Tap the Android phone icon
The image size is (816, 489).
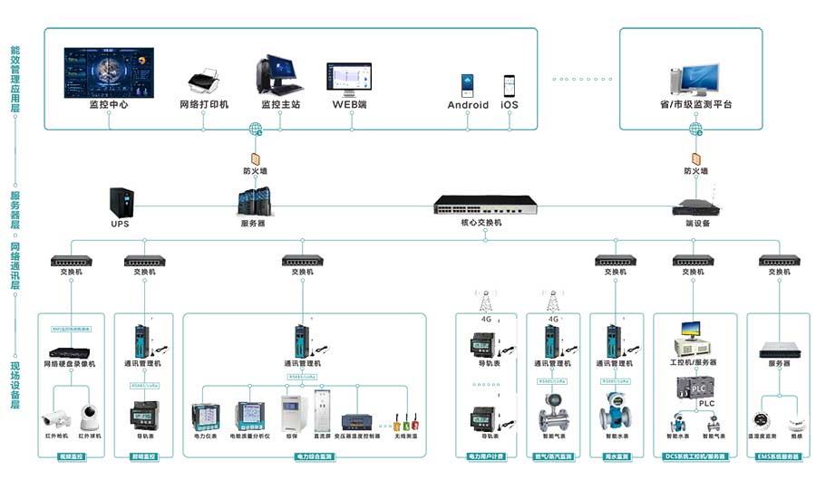[468, 85]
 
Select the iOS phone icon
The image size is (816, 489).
[510, 85]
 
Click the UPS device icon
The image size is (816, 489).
[121, 202]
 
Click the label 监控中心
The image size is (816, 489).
[109, 105]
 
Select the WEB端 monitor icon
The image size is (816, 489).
[349, 80]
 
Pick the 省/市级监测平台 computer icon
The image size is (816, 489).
[695, 79]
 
